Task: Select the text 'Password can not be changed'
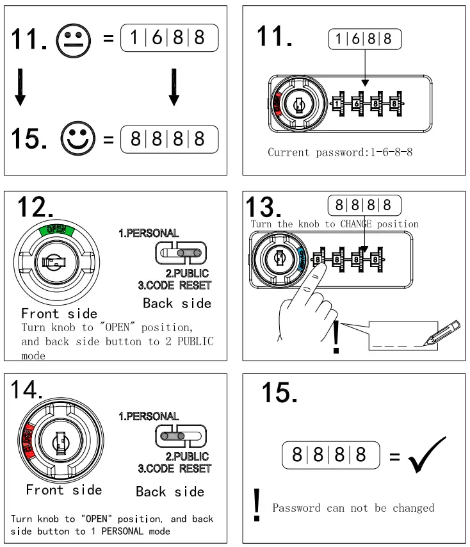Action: pyautogui.click(x=353, y=508)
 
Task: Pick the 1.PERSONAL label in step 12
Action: pyautogui.click(x=148, y=234)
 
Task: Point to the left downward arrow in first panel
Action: pyautogui.click(x=20, y=90)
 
